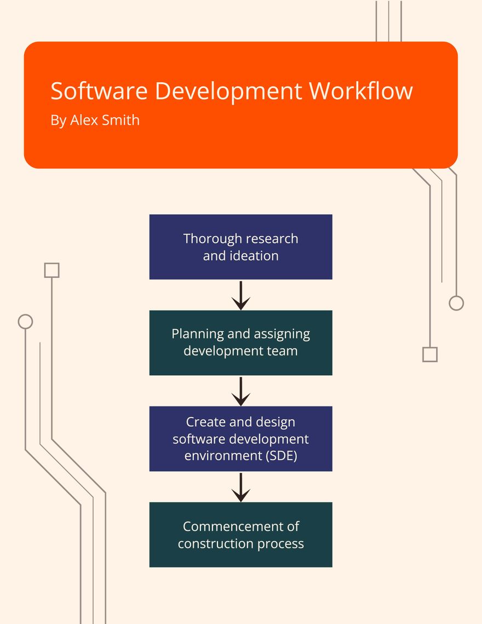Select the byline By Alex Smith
(95, 120)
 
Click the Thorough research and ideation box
(240, 247)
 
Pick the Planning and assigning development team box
(240, 343)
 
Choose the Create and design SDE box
(240, 439)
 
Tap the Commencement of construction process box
(240, 535)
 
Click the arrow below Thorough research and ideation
(240, 296)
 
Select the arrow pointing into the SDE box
(240, 391)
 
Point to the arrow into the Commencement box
(240, 487)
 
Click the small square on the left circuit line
(51, 270)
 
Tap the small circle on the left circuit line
(25, 322)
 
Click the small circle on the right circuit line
(456, 303)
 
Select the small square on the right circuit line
(430, 354)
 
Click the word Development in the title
(228, 91)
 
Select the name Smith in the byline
(121, 120)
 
